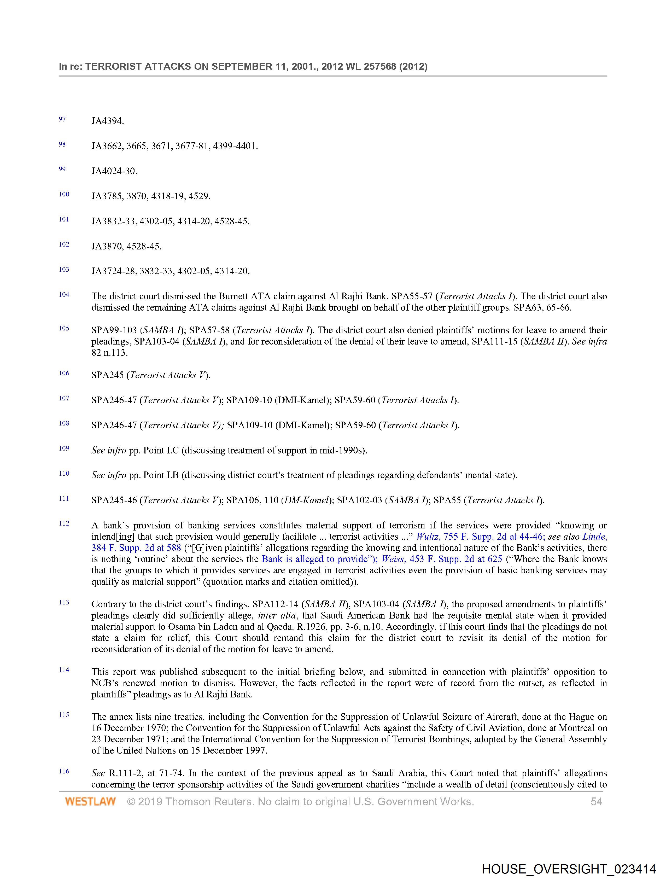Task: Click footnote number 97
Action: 62,119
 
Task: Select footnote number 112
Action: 64,523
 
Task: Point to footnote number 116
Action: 64,771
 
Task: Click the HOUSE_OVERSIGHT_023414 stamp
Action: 569,869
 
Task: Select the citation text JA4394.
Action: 107,121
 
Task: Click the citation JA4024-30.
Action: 114,171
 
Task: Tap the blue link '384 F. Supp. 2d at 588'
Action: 136,548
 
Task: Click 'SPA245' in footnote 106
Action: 107,375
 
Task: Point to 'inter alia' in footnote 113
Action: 277,615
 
